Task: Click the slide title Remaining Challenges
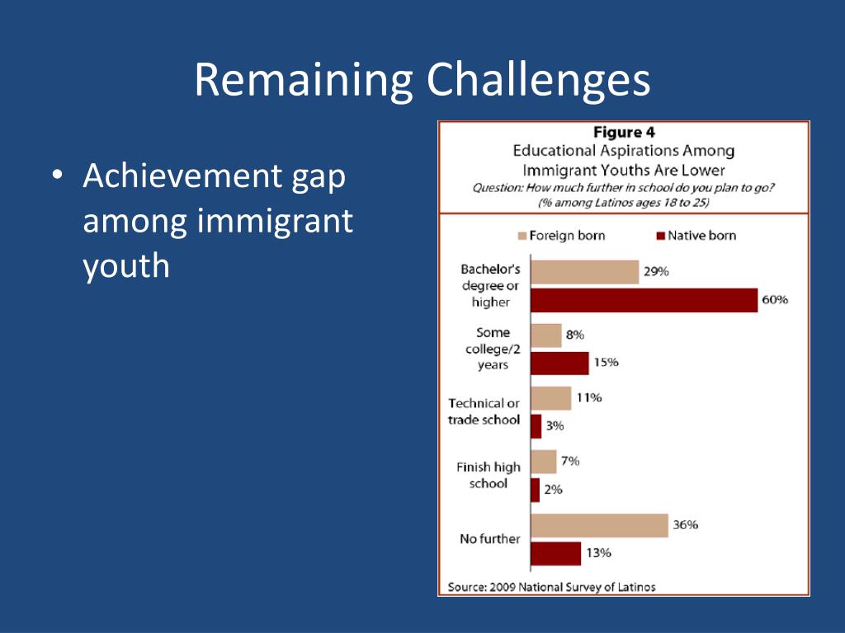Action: [x=422, y=80]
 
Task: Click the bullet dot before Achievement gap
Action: [x=56, y=177]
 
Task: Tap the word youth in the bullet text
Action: [x=125, y=265]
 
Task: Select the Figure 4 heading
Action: [x=624, y=133]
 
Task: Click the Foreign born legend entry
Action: [x=560, y=236]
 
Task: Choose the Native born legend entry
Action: [x=696, y=236]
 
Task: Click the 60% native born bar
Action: [x=644, y=300]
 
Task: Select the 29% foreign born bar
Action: [x=584, y=272]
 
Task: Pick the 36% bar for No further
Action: [x=599, y=525]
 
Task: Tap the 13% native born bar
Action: [x=555, y=553]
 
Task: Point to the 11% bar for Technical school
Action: [x=550, y=398]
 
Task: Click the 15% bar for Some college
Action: [x=559, y=363]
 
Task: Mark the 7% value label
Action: [x=570, y=461]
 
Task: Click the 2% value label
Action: [x=553, y=489]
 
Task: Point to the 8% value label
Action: [x=575, y=335]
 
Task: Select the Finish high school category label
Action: [x=489, y=476]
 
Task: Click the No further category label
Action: [x=489, y=539]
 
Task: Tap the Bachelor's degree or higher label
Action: [x=490, y=286]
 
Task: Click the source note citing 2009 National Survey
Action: [x=551, y=587]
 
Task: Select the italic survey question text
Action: [x=623, y=195]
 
